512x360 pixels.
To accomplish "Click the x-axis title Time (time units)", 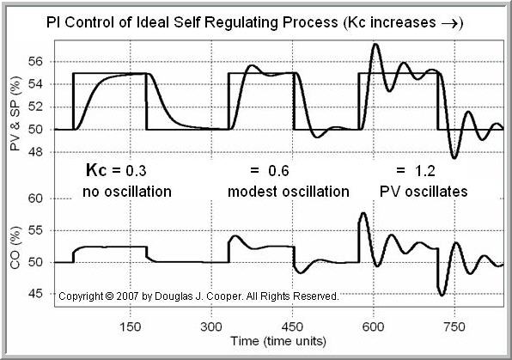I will click(x=277, y=341).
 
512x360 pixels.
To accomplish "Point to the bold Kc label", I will click(x=100, y=170).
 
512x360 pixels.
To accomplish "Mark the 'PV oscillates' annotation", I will click(x=417, y=192).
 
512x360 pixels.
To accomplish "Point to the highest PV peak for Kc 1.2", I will click(x=375, y=44).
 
